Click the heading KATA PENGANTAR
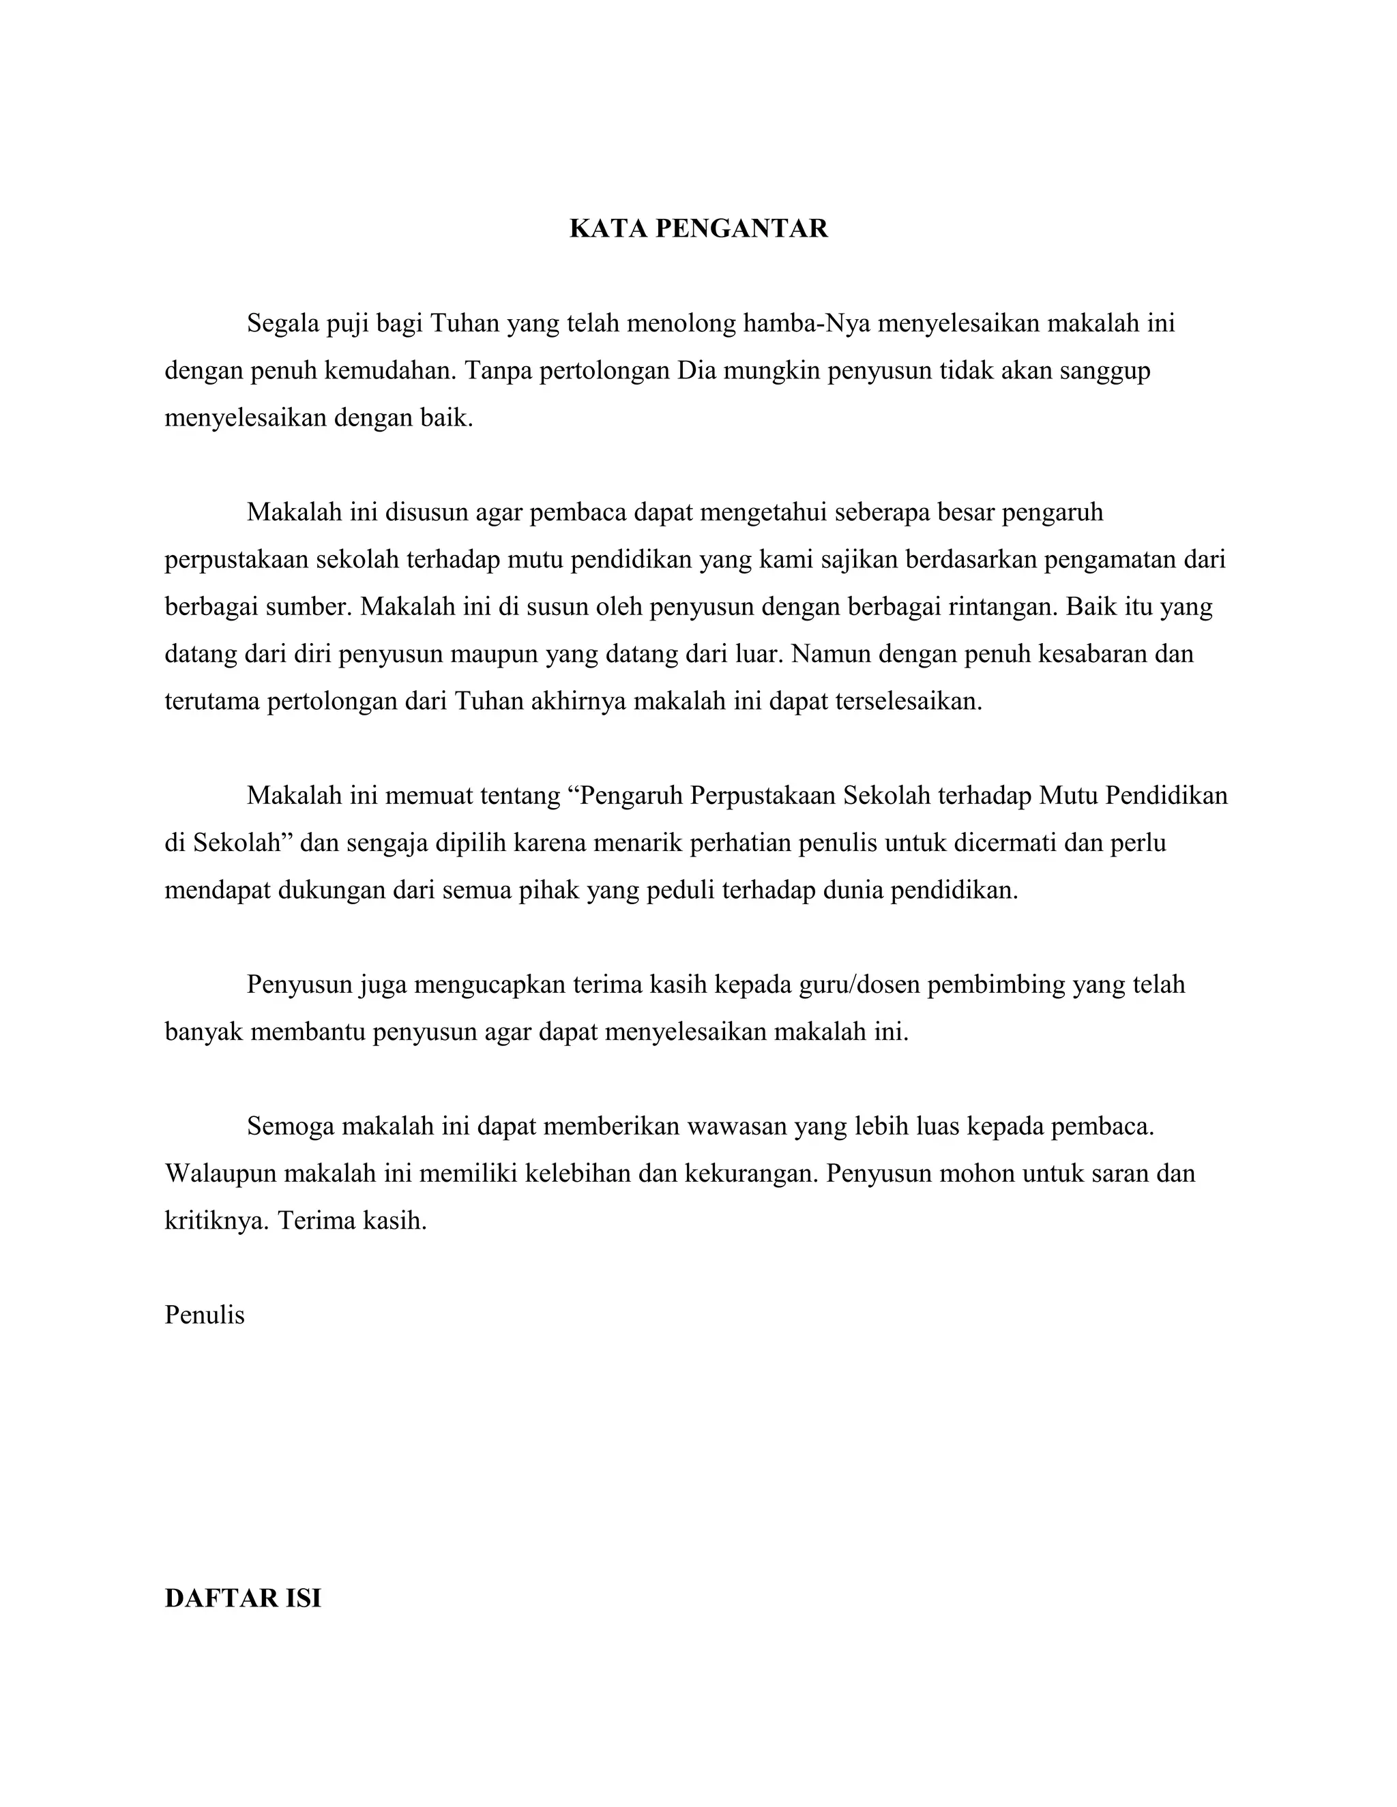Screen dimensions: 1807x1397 tap(698, 228)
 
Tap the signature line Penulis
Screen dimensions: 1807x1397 tap(205, 1315)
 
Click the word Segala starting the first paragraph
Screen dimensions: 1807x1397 tap(283, 323)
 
